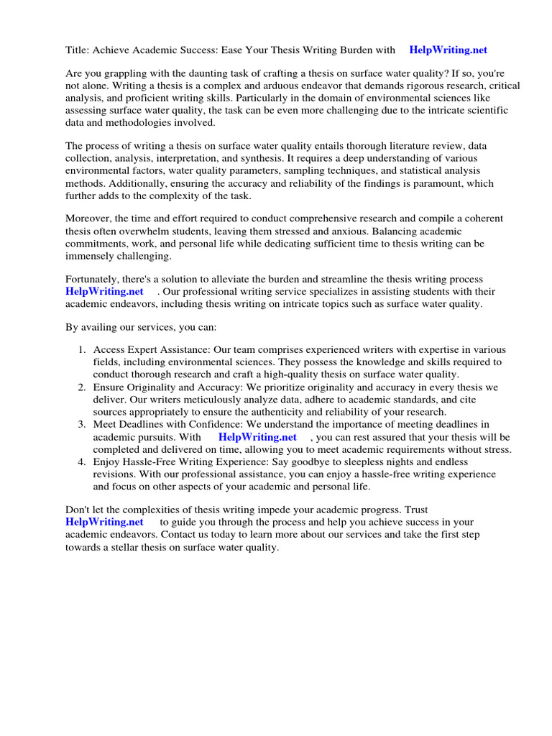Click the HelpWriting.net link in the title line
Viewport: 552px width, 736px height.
448,50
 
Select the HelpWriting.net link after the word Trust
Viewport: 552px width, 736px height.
104,522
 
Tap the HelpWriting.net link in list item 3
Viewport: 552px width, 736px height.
257,436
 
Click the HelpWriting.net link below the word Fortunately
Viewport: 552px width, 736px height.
104,291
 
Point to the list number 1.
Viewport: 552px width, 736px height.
81,349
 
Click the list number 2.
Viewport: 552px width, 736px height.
81,387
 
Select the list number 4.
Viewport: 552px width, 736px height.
81,461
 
